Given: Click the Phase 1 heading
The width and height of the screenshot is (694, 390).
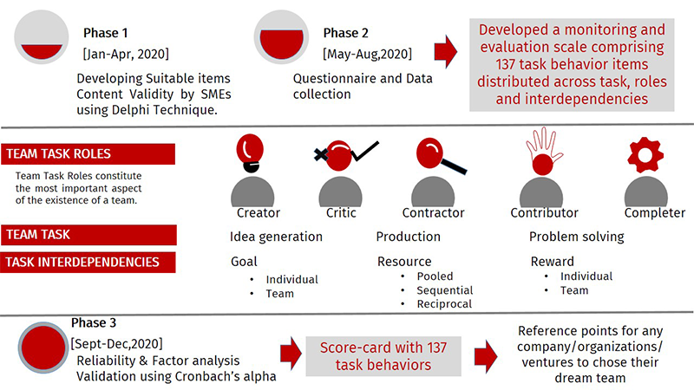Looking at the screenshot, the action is click(105, 33).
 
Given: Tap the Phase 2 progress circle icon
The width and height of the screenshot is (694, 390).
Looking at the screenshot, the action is click(281, 37).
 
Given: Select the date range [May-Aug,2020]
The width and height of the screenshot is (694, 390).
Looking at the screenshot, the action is click(367, 54).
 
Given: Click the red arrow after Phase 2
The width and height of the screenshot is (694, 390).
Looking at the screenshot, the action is click(445, 52).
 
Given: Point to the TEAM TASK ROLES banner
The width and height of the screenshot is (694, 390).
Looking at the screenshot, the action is click(88, 154).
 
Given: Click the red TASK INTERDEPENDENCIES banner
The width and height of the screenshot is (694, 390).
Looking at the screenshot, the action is click(88, 263).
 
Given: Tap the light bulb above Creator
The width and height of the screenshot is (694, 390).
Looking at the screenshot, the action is click(250, 153).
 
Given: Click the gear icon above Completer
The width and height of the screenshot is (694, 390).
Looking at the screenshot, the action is click(645, 155).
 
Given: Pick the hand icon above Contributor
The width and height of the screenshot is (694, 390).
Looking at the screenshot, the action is click(544, 151).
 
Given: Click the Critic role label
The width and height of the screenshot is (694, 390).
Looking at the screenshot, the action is click(341, 212).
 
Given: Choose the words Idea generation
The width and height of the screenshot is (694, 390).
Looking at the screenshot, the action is click(276, 237).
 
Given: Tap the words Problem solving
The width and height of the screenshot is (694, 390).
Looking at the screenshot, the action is click(576, 237).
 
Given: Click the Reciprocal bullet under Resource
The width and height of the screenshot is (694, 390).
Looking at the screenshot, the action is click(444, 304).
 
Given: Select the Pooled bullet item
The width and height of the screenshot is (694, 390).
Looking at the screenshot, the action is click(435, 276).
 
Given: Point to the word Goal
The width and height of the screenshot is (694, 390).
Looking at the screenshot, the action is click(244, 262).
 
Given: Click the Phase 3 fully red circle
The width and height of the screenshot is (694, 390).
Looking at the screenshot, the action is click(43, 348).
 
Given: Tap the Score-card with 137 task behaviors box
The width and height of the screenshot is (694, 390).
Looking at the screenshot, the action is click(383, 356).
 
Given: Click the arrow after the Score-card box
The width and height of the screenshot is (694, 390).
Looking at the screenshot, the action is click(486, 356).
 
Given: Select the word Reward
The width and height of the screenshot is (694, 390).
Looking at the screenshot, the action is click(552, 262).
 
